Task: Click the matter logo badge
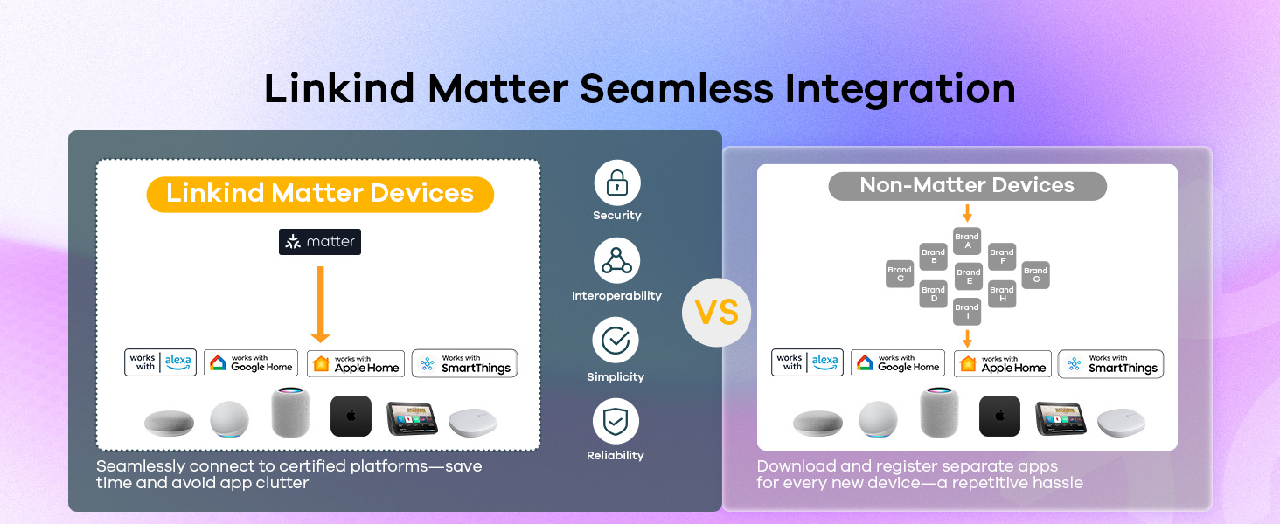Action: (320, 241)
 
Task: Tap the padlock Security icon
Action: (617, 183)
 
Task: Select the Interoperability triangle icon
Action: (616, 261)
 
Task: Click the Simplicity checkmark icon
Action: (616, 341)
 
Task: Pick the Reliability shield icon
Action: (616, 421)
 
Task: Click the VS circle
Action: (717, 313)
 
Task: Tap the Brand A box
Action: (967, 241)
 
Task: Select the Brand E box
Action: (969, 276)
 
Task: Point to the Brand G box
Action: (1035, 274)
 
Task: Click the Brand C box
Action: (900, 274)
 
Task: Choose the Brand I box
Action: (967, 311)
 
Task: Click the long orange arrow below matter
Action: (321, 304)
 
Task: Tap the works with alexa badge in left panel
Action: (161, 362)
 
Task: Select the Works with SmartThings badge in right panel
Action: (1111, 364)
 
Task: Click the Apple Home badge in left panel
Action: (356, 364)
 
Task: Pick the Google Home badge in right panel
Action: (898, 363)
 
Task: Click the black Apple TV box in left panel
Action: (351, 416)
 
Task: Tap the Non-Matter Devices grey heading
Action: (967, 186)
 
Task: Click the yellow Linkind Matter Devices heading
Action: (320, 194)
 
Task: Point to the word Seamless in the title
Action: (677, 89)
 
